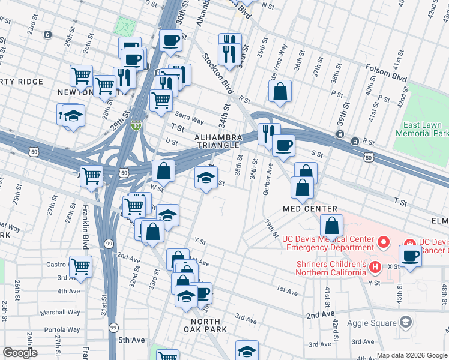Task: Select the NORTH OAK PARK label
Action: pos(205,325)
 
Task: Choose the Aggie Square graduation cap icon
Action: pos(406,323)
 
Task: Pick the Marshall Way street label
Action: pos(60,313)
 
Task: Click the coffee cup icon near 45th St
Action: pos(411,256)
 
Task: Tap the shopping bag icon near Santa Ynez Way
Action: pos(280,91)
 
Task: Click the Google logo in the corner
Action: pos(20,353)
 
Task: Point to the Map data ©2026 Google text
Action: pos(412,355)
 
